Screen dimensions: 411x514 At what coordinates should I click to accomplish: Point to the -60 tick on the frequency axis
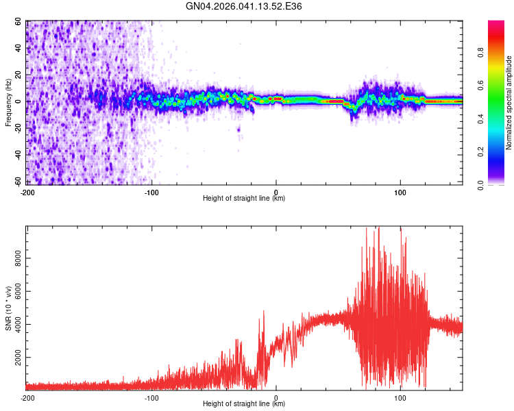(19, 182)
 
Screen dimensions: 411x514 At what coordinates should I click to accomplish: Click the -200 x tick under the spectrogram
(28, 191)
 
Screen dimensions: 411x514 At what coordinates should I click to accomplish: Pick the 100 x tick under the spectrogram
(400, 191)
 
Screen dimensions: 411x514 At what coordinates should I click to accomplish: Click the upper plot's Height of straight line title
(244, 199)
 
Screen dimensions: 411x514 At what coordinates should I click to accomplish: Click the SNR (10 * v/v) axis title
(9, 308)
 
